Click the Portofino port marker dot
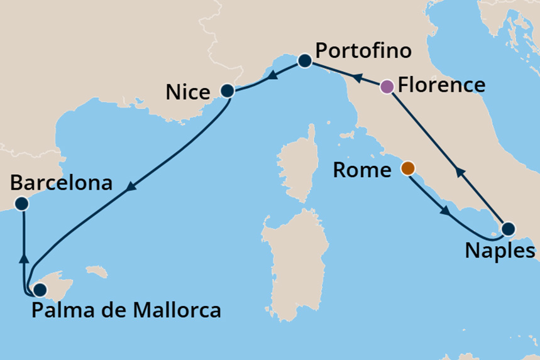coord(305,60)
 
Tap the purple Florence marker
coord(388,87)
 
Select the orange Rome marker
coord(408,168)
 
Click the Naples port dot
coord(507,229)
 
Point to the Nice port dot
coord(228,91)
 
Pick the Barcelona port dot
coord(22,203)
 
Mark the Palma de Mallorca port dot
coord(40,290)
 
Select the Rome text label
coord(362,170)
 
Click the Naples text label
coord(500,251)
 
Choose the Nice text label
coord(187,93)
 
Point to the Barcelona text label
coord(61,183)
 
